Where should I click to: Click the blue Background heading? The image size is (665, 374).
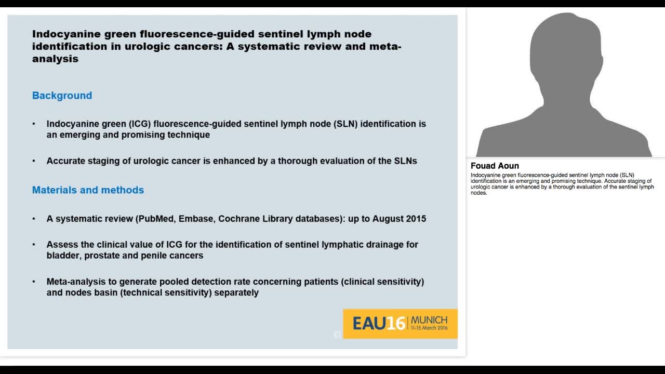pos(62,96)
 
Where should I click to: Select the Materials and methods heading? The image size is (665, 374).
pos(88,190)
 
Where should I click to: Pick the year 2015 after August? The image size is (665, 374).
pos(415,219)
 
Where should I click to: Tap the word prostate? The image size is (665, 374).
pos(103,256)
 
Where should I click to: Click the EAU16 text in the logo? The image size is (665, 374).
pos(378,324)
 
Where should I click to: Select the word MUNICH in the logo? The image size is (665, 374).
pos(429,320)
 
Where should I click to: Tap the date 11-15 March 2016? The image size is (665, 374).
pos(429,329)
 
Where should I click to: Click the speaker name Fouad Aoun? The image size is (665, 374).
pos(495,166)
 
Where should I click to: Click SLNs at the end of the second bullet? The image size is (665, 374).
pos(405,161)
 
